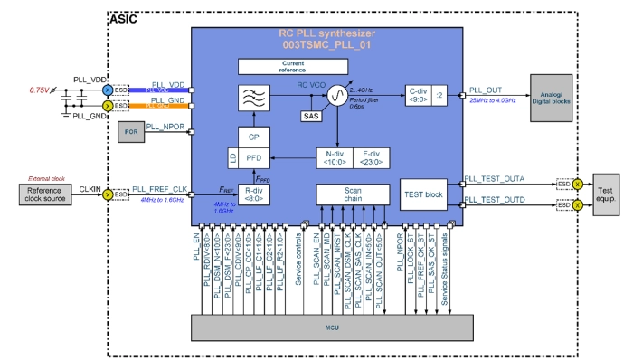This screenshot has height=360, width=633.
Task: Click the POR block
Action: click(134, 132)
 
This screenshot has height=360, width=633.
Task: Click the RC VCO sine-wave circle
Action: click(335, 96)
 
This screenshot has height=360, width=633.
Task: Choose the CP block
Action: click(253, 136)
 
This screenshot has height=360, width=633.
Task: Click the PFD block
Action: click(257, 157)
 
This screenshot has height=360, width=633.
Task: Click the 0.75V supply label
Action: click(38, 90)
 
